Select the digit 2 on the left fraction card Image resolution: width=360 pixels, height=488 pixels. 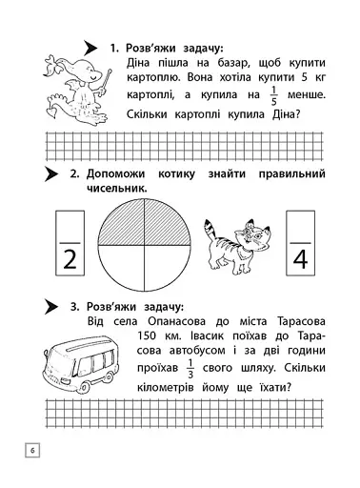(69, 258)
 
